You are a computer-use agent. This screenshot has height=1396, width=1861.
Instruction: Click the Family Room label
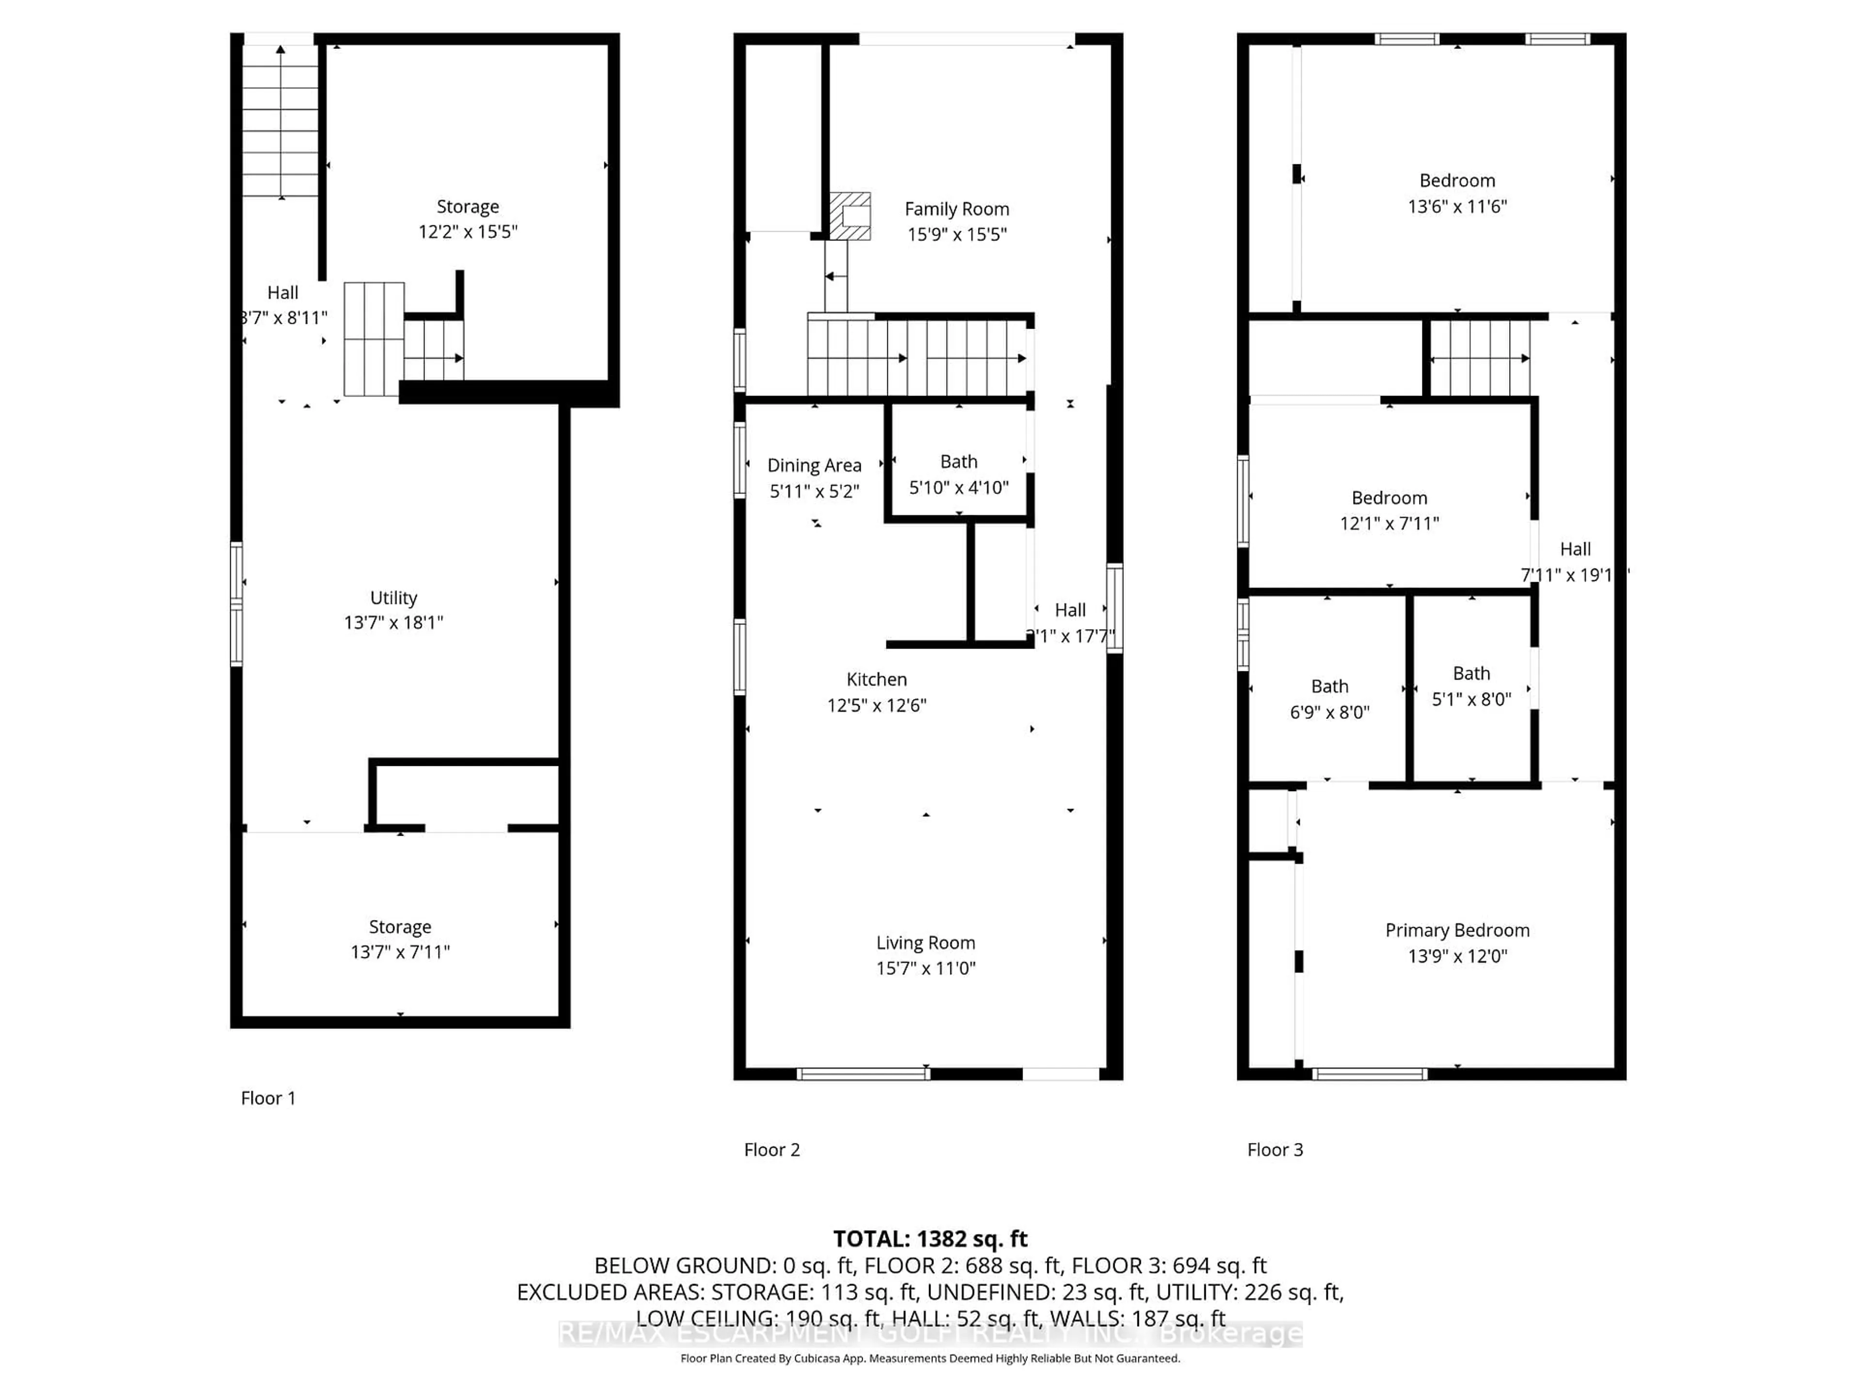pos(957,209)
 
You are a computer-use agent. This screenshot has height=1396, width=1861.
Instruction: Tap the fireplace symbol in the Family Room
pos(850,216)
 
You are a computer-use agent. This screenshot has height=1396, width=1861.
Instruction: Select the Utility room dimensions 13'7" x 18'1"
pos(393,623)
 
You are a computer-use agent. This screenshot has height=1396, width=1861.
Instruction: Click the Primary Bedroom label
pos(1457,930)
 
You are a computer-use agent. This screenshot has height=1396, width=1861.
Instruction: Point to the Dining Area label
pos(814,465)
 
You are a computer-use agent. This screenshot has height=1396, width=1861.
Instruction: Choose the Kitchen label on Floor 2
pos(876,679)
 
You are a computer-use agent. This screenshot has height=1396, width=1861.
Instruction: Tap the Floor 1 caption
pos(268,1098)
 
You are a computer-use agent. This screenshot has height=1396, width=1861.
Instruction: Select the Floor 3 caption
pos(1275,1149)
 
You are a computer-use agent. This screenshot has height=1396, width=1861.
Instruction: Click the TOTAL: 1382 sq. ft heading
pos(930,1238)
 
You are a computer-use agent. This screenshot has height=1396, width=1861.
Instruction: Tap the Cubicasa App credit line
pos(930,1358)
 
